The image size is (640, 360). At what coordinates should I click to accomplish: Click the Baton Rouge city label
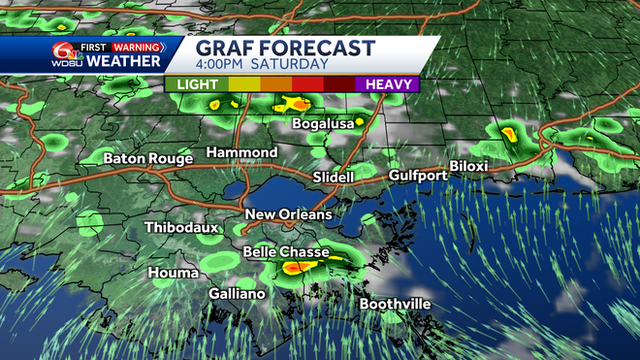coord(144,157)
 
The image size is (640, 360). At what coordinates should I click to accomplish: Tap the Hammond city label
coord(241,153)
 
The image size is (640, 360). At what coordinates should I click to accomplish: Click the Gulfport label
coord(418,176)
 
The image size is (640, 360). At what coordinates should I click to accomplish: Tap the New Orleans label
coord(288,214)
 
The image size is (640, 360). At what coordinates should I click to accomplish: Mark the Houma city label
coord(174,274)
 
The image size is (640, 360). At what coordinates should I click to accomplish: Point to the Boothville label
coord(396,305)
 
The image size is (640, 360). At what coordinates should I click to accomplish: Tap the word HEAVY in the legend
coord(388,84)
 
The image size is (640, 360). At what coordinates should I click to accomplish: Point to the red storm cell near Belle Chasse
coord(297,265)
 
